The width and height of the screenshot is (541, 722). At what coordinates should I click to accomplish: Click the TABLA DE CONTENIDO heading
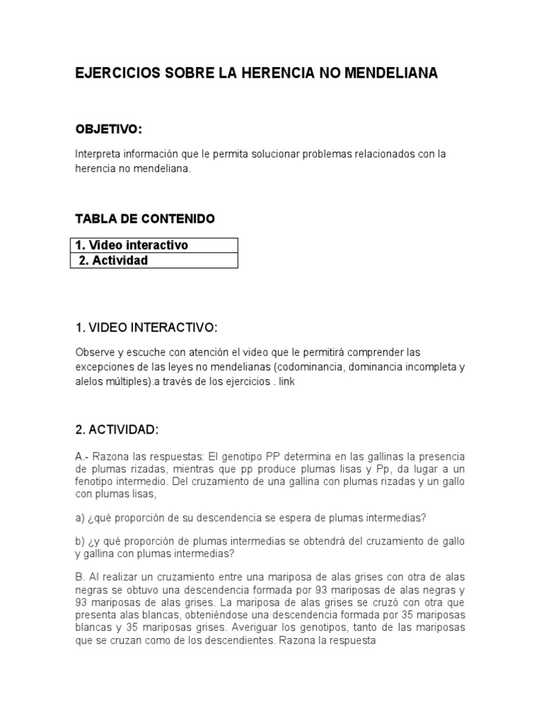(144, 219)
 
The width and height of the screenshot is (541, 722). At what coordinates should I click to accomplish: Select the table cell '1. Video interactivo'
(132, 245)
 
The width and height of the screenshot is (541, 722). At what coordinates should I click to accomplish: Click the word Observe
(95, 352)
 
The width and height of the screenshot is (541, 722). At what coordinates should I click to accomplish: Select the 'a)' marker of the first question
(80, 518)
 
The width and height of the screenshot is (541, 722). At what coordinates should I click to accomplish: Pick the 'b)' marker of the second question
(80, 541)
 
